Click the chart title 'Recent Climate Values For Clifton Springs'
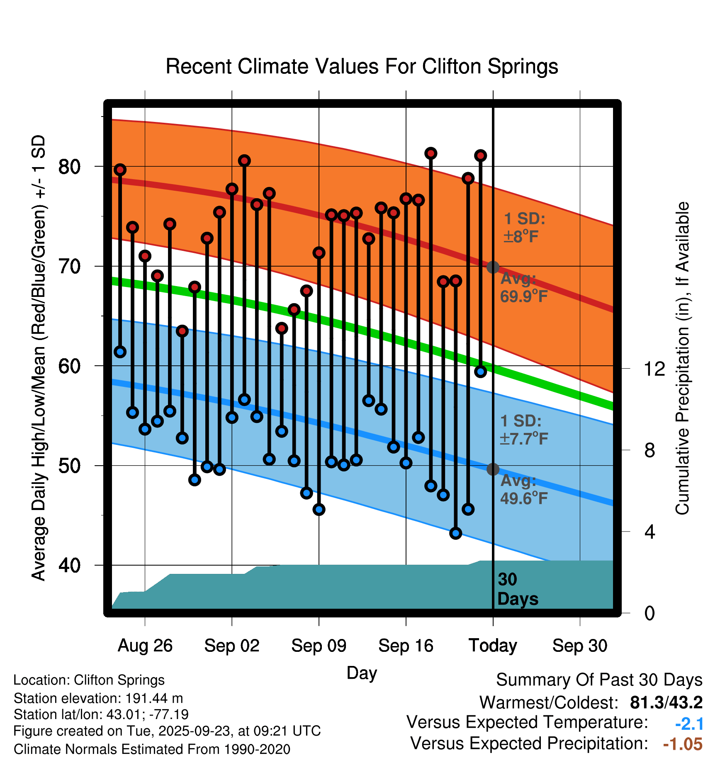pyautogui.click(x=362, y=66)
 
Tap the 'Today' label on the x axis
pyautogui.click(x=493, y=646)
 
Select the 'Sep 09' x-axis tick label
pyautogui.click(x=319, y=646)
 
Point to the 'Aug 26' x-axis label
pyautogui.click(x=145, y=646)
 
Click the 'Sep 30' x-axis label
pyautogui.click(x=579, y=646)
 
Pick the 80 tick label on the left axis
pyautogui.click(x=69, y=167)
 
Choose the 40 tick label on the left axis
pyautogui.click(x=69, y=565)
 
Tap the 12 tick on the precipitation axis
pyautogui.click(x=654, y=369)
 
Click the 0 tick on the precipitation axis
pyautogui.click(x=650, y=613)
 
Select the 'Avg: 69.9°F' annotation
pyautogui.click(x=523, y=287)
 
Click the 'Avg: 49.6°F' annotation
pyautogui.click(x=523, y=489)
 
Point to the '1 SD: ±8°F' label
pyautogui.click(x=524, y=228)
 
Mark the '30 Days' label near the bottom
pyautogui.click(x=517, y=589)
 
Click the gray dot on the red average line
pyautogui.click(x=493, y=267)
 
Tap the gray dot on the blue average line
pyautogui.click(x=493, y=469)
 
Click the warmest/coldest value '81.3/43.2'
pyautogui.click(x=666, y=703)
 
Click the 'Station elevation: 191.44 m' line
pyautogui.click(x=98, y=698)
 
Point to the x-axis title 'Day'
pyautogui.click(x=362, y=673)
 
